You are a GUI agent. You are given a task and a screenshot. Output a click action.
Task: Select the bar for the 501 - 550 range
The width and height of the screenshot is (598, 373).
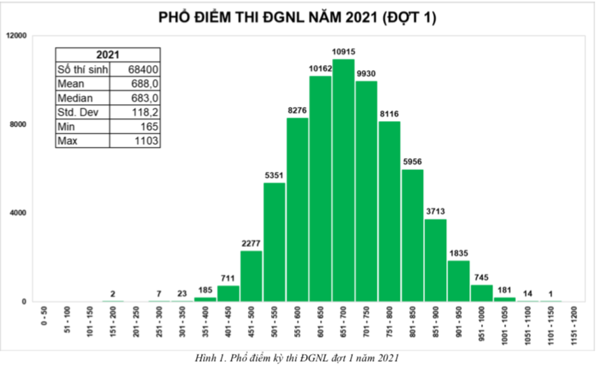point(274,242)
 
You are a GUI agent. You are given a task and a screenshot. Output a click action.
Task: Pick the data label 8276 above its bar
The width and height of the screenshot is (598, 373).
point(297,111)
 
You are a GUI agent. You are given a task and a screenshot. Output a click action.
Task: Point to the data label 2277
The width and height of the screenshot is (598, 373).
point(251,244)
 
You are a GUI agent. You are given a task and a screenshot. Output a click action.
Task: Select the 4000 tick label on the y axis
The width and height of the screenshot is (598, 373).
point(18,213)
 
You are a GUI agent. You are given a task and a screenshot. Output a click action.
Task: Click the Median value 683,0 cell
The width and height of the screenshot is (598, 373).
point(145,98)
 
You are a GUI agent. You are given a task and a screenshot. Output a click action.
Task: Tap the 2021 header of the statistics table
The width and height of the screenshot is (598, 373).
point(108,55)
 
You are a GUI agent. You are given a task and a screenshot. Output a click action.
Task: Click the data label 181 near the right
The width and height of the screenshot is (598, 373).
point(503,289)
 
